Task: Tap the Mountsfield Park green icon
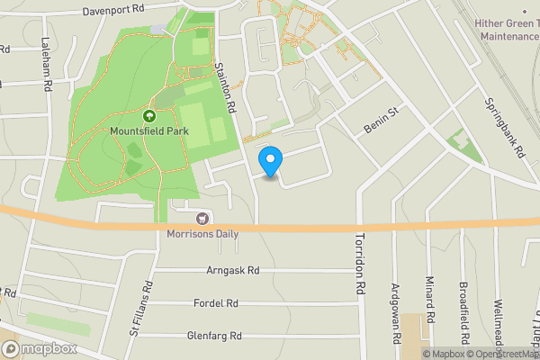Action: (x=148, y=115)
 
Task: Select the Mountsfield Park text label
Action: (x=148, y=131)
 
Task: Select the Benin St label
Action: (x=381, y=118)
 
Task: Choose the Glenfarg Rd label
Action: (x=214, y=336)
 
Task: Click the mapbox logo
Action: (x=38, y=349)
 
